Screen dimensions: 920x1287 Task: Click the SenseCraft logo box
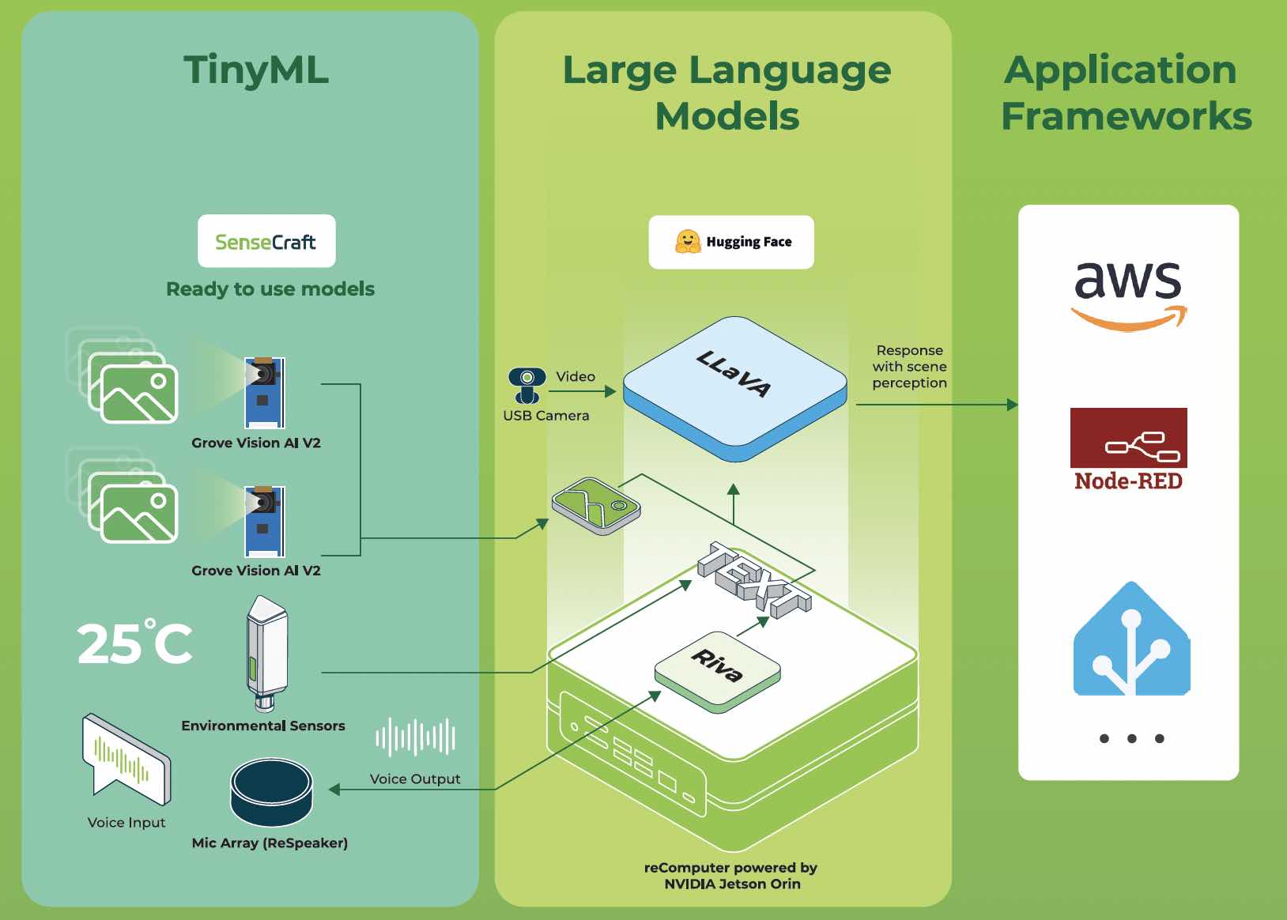tap(266, 241)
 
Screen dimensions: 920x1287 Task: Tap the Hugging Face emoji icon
tap(688, 242)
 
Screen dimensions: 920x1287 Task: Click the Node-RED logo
tap(1128, 449)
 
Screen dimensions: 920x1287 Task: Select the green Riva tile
tap(717, 668)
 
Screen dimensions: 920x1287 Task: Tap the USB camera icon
tap(526, 385)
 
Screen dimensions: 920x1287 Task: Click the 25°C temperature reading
tap(135, 643)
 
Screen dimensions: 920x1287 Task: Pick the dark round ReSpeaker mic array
tap(271, 792)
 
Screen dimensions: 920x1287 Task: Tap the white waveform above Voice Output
tap(415, 737)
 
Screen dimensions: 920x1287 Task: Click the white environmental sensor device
tap(266, 652)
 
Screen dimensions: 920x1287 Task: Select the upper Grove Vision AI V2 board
tap(264, 392)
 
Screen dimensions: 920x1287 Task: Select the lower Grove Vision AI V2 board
tap(264, 521)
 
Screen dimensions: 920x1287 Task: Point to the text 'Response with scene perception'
tap(909, 367)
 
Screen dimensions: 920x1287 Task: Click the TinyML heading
tap(255, 70)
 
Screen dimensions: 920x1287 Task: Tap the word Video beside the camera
tap(575, 377)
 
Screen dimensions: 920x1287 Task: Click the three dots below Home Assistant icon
tap(1131, 739)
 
